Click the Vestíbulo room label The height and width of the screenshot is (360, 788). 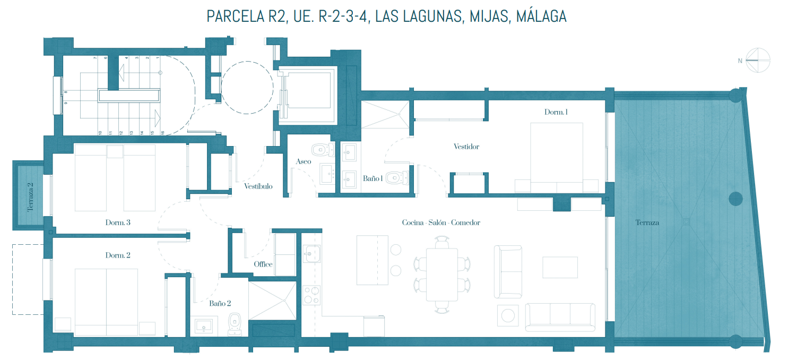tap(258, 186)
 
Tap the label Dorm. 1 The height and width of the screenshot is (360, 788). tap(556, 112)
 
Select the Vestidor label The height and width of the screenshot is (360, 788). tap(466, 147)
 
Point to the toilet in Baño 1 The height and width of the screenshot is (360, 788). tap(397, 178)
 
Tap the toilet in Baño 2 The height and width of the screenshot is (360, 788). tap(235, 324)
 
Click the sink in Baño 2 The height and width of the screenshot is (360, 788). tap(204, 326)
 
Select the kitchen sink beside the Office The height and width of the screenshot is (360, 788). tap(311, 254)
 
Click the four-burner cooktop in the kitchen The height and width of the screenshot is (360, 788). tap(311, 295)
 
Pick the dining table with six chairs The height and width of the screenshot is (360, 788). tap(442, 275)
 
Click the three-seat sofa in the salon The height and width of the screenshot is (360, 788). tap(560, 318)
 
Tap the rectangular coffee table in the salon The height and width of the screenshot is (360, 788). tap(560, 268)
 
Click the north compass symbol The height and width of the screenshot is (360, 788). tap(758, 60)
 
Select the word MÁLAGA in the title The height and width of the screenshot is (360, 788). tap(541, 16)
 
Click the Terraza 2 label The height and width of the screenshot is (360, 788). tap(31, 196)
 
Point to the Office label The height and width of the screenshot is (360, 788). tap(263, 264)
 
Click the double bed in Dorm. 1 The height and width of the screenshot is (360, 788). tap(557, 157)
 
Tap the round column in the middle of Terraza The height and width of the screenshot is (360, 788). tap(735, 199)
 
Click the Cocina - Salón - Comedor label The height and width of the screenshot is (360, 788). tap(441, 222)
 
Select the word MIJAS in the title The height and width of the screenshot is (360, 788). tap(490, 16)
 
